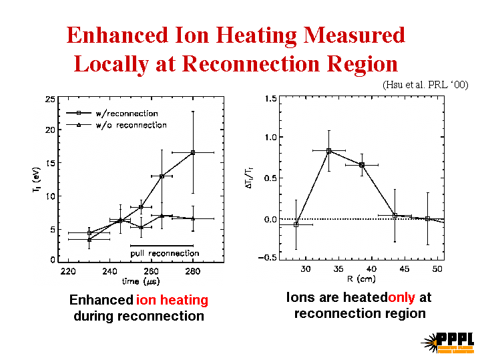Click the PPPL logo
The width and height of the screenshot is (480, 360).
(x=448, y=341)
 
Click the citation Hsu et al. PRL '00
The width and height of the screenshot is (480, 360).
(x=425, y=85)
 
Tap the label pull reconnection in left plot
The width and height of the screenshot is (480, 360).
(x=164, y=253)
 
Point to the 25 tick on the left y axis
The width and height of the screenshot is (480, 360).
(x=50, y=100)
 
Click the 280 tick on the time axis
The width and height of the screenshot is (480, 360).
(x=193, y=271)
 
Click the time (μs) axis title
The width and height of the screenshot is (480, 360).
(x=141, y=282)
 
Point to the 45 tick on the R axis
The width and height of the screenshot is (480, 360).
(x=405, y=269)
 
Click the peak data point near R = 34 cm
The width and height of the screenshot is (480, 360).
(x=329, y=151)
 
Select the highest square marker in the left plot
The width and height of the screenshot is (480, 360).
(x=193, y=152)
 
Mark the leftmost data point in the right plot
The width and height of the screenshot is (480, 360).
(x=296, y=225)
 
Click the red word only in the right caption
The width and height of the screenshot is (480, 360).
(x=402, y=298)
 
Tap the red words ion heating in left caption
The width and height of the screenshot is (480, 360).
(x=172, y=301)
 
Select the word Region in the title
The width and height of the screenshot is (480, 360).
(x=358, y=64)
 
